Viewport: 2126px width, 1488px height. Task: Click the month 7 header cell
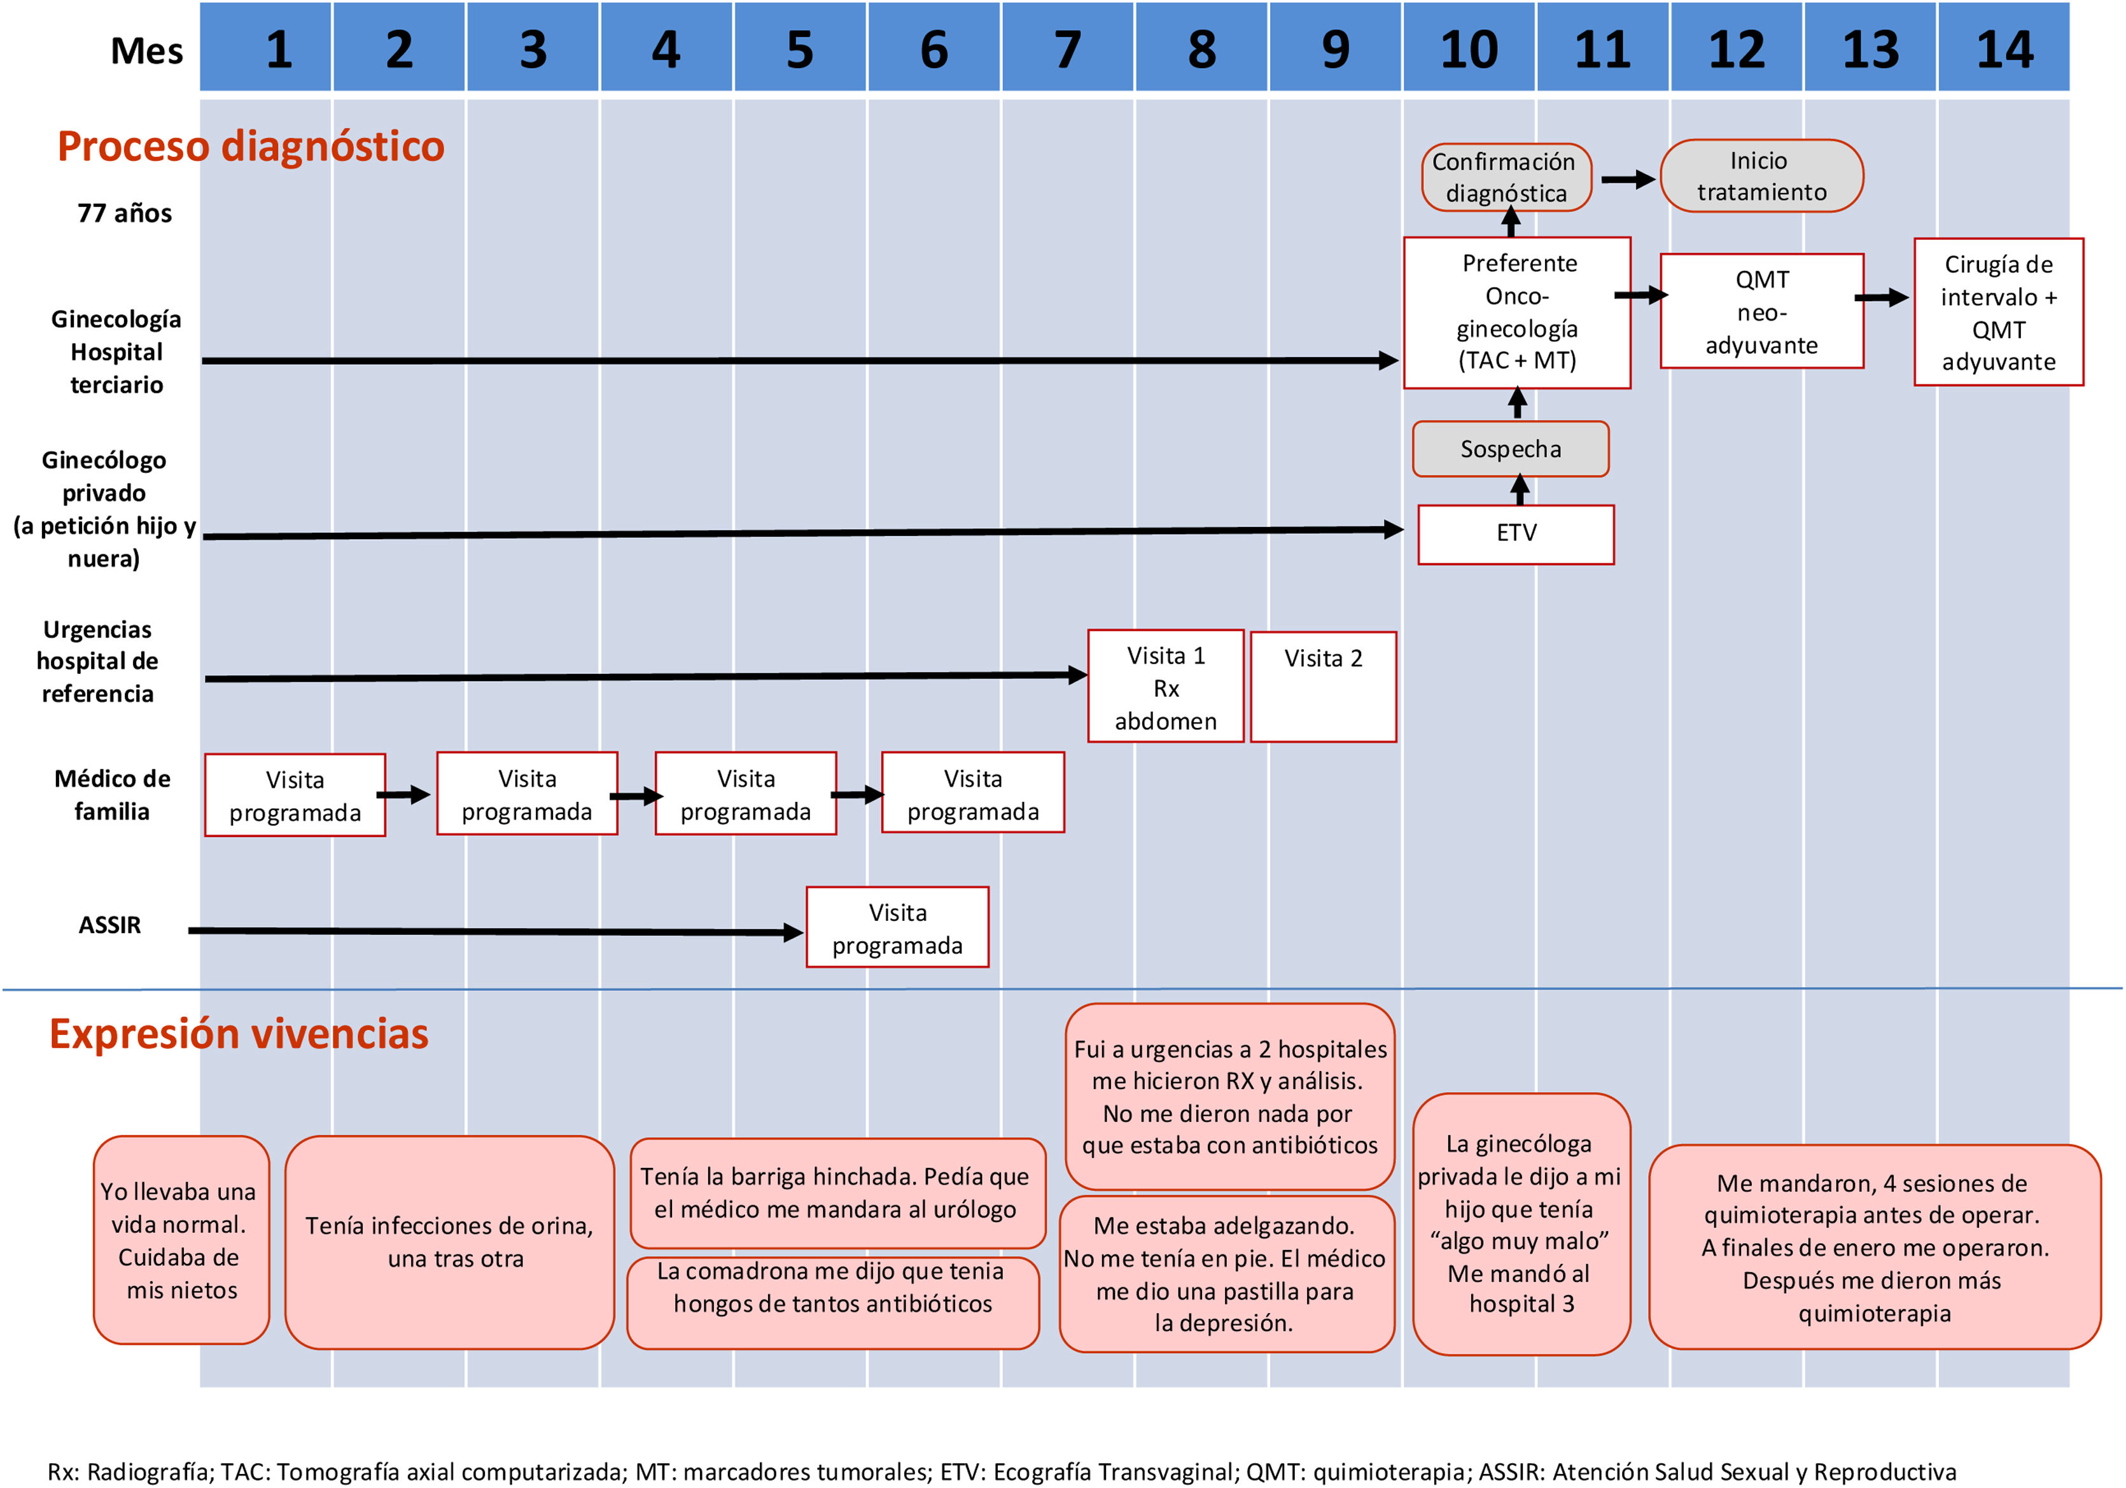1068,48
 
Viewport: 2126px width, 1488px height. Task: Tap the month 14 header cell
2004,48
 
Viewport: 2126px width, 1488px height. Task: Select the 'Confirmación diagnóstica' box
1506,177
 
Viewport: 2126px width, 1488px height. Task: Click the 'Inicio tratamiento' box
1760,176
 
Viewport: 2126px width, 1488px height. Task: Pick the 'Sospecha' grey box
1510,449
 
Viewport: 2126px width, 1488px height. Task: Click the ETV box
1516,533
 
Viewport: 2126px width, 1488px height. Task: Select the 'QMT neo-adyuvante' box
1761,311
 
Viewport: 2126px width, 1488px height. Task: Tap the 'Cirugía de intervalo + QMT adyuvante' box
1998,312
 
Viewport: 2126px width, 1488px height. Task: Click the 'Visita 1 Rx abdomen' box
1165,686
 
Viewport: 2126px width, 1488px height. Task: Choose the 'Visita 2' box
1322,686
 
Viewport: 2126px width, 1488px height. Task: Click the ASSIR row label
109,924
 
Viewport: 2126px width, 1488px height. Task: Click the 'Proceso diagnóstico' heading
251,146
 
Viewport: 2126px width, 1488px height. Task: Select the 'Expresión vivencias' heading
239,1034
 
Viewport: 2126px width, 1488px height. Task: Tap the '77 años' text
124,213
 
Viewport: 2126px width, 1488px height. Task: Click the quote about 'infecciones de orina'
449,1242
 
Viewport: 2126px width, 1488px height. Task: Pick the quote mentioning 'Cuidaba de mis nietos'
181,1240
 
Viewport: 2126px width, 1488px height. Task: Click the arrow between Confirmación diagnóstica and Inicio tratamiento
1627,179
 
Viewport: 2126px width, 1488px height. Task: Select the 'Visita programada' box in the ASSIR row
897,928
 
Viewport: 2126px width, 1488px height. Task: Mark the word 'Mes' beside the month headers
146,51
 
